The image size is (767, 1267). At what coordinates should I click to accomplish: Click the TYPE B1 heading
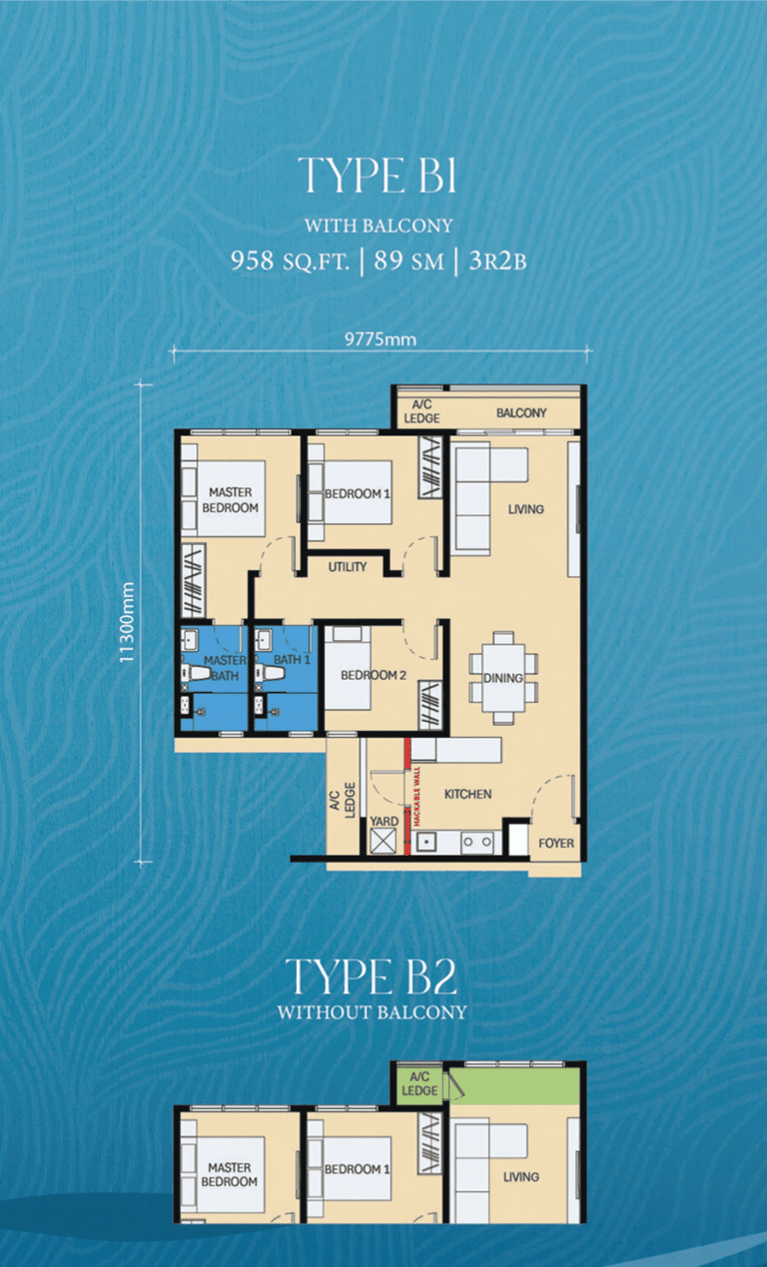377,176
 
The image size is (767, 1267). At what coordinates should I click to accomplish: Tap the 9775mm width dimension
380,339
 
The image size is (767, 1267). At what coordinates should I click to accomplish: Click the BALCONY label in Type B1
521,412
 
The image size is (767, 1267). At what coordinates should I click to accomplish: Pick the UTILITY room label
348,567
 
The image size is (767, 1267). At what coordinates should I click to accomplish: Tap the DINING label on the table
503,678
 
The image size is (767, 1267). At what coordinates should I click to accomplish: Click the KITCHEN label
467,795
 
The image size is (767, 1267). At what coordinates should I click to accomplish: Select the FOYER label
556,843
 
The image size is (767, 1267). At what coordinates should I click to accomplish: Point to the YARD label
383,822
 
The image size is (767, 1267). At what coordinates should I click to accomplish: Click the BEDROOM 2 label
373,675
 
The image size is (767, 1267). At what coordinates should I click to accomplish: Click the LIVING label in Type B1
525,509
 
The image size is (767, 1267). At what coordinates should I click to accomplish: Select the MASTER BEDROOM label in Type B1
232,499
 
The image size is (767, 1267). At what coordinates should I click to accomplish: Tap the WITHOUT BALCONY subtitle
372,1012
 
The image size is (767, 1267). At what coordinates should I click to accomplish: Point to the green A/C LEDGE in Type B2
419,1083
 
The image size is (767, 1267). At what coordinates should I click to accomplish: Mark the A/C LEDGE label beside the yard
343,798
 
